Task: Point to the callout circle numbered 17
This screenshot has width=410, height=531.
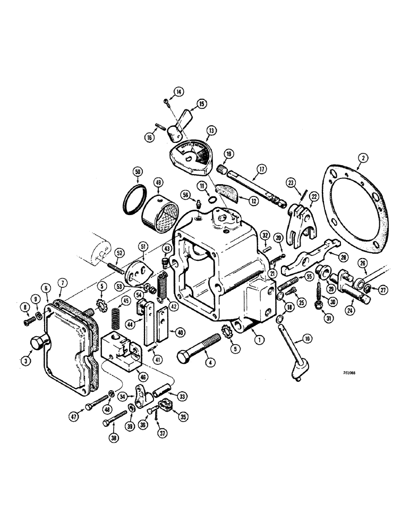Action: [x=260, y=171]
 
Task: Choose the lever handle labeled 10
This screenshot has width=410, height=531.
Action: [x=293, y=361]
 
